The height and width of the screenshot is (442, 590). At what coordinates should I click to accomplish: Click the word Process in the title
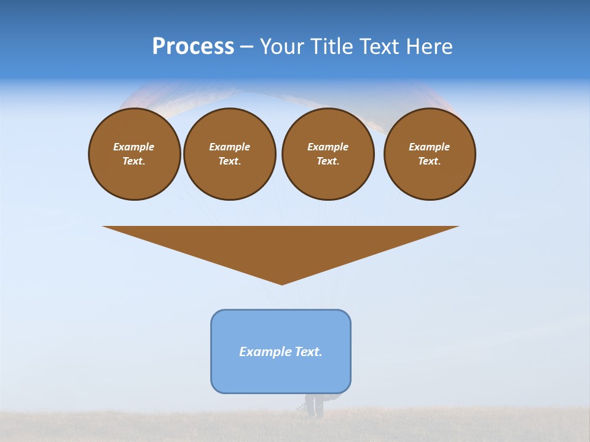click(x=193, y=47)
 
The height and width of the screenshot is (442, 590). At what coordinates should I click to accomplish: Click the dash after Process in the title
click(x=246, y=47)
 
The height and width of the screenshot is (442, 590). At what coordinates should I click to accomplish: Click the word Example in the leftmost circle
click(x=134, y=147)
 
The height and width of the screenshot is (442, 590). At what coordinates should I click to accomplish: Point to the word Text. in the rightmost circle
click(x=430, y=161)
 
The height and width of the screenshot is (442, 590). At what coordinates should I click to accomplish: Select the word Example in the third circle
click(x=328, y=147)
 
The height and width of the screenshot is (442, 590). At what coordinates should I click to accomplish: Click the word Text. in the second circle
click(x=229, y=161)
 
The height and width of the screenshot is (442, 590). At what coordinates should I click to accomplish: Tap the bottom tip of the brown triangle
click(x=281, y=283)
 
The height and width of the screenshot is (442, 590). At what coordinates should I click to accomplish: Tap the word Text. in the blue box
click(x=309, y=352)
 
